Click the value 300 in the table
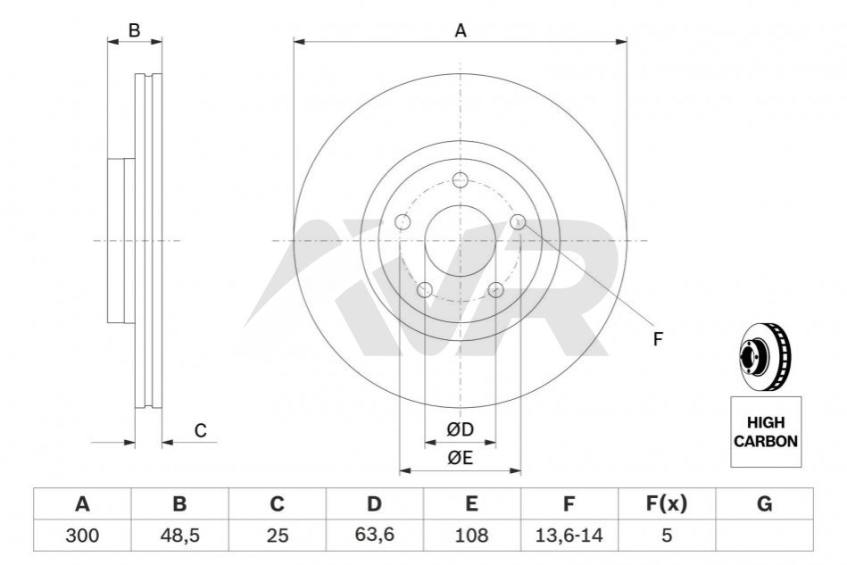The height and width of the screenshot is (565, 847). (x=82, y=536)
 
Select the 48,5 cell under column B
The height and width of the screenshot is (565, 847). (x=180, y=536)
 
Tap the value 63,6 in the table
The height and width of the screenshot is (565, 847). (x=374, y=535)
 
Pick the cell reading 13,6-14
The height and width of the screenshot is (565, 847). (x=569, y=536)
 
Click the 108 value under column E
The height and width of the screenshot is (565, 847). (x=471, y=536)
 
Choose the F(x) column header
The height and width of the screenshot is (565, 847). (x=667, y=503)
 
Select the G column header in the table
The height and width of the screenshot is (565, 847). (x=764, y=504)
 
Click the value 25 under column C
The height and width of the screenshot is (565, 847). (x=277, y=536)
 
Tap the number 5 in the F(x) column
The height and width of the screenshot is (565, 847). (x=667, y=536)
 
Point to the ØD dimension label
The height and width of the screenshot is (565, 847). (x=460, y=430)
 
